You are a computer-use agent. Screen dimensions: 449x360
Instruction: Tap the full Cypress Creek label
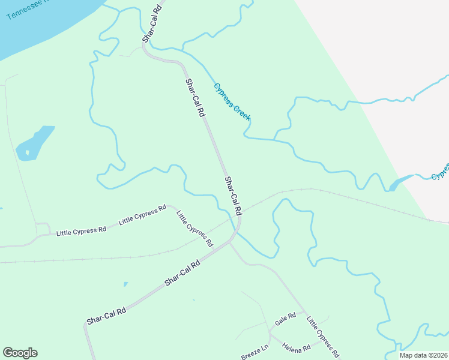(232, 101)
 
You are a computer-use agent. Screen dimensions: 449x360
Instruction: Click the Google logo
(20, 353)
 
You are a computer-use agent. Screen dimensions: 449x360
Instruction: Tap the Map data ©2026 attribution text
(423, 355)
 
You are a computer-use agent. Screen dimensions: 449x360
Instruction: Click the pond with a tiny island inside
(34, 143)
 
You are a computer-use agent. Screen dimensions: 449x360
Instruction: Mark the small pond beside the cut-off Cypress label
(401, 182)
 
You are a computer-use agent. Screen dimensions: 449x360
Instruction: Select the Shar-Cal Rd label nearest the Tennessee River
(152, 24)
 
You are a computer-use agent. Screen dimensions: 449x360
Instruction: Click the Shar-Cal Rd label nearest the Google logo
(106, 316)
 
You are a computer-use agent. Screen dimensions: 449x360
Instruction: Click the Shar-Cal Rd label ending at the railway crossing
(233, 196)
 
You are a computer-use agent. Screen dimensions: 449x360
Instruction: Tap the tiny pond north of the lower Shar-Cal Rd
(125, 284)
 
